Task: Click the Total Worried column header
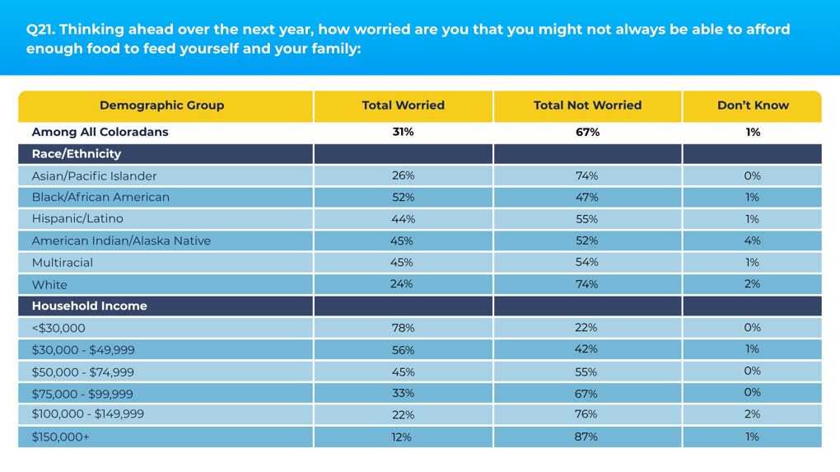[403, 105]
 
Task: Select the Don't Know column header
[753, 105]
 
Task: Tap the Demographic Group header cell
[161, 105]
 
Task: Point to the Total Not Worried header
[587, 105]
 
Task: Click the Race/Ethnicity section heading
[77, 154]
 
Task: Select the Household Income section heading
[90, 306]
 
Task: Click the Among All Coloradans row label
[100, 133]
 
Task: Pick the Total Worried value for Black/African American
[403, 198]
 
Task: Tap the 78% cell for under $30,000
[403, 328]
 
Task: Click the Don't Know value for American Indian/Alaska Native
[752, 241]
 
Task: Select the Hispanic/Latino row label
[77, 218]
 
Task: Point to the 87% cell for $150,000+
[586, 437]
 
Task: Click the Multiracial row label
[62, 263]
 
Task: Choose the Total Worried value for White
[401, 284]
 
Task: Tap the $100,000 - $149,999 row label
[88, 414]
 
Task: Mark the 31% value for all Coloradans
[403, 133]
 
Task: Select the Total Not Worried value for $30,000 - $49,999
[586, 349]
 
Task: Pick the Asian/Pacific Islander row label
[94, 175]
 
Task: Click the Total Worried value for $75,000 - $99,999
[403, 394]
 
